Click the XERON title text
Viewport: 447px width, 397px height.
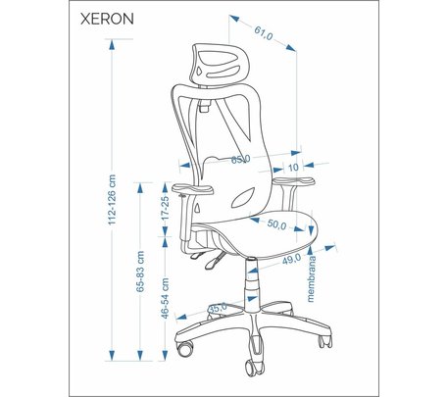[x=107, y=19]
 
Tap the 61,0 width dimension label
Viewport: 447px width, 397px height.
[x=264, y=33]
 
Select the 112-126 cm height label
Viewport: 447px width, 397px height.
[x=112, y=200]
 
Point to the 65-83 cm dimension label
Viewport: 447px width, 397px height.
[x=140, y=272]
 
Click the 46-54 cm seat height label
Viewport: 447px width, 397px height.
[x=166, y=298]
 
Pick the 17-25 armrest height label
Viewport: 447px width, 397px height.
[x=166, y=207]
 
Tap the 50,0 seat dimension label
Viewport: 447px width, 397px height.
[x=276, y=224]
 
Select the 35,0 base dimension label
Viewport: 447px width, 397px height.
[x=218, y=308]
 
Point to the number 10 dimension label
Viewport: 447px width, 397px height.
[x=293, y=168]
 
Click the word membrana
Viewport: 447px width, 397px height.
[x=311, y=279]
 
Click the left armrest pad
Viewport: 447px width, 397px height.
[x=193, y=189]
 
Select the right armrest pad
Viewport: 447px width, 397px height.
[x=294, y=181]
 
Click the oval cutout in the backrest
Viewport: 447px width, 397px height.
[x=243, y=198]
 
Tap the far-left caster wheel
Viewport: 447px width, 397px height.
[x=185, y=348]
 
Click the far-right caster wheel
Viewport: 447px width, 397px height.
[x=325, y=341]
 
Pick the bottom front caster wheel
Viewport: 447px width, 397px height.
[x=254, y=368]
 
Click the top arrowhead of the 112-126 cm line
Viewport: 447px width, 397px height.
[x=112, y=44]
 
